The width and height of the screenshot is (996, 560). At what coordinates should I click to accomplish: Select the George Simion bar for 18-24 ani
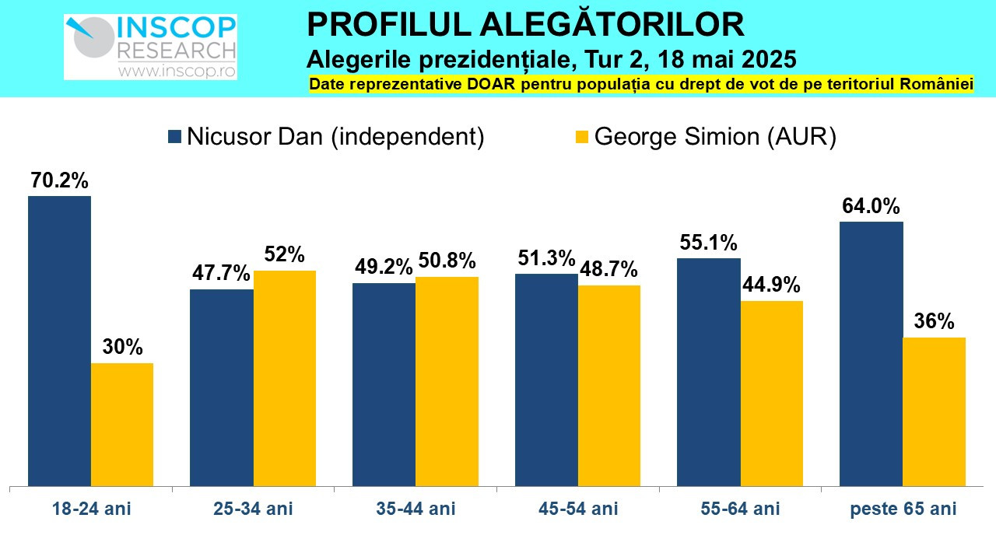tap(122, 425)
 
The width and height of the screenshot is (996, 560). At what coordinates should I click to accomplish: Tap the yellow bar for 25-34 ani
tap(285, 378)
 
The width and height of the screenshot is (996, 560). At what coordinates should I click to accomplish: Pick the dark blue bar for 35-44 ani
tap(384, 384)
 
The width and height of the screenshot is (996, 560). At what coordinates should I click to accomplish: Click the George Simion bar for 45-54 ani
tap(609, 386)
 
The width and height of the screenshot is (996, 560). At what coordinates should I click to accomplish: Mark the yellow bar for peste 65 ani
tap(935, 411)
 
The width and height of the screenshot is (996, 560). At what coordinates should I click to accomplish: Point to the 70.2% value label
tap(59, 181)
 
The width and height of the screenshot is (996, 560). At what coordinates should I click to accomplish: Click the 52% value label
tap(285, 255)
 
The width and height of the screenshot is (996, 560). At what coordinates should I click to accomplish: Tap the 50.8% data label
tap(447, 261)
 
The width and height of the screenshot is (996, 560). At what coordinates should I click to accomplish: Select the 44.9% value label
tap(771, 285)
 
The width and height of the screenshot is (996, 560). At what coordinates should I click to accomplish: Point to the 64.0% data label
tap(871, 207)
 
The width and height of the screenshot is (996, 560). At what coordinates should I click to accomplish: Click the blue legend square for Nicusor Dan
tap(175, 137)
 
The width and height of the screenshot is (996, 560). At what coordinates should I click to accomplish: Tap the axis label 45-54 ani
tap(578, 509)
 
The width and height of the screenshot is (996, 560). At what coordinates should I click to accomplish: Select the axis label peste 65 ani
tap(903, 509)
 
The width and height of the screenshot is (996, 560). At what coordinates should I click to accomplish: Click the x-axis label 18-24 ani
tap(91, 509)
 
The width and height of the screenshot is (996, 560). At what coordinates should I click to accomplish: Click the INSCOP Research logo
tap(150, 47)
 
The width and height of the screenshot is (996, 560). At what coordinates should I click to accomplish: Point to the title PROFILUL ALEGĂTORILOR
tap(526, 25)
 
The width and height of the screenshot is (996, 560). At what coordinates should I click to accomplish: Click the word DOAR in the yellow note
tap(442, 85)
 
